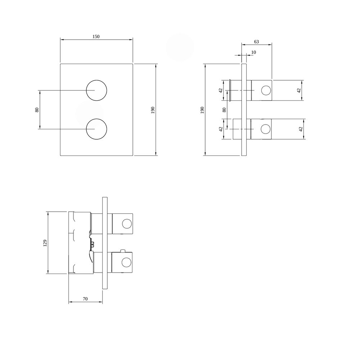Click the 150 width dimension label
pos(96,36)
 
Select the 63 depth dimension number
pos(256,41)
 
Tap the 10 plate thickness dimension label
pos(253,52)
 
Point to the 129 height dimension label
pos(45,243)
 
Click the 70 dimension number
pos(85,299)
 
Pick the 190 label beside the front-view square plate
pos(153,110)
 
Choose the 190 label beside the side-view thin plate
pos(202,110)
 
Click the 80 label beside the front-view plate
pos(37,110)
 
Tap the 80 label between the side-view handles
pos(224,110)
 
